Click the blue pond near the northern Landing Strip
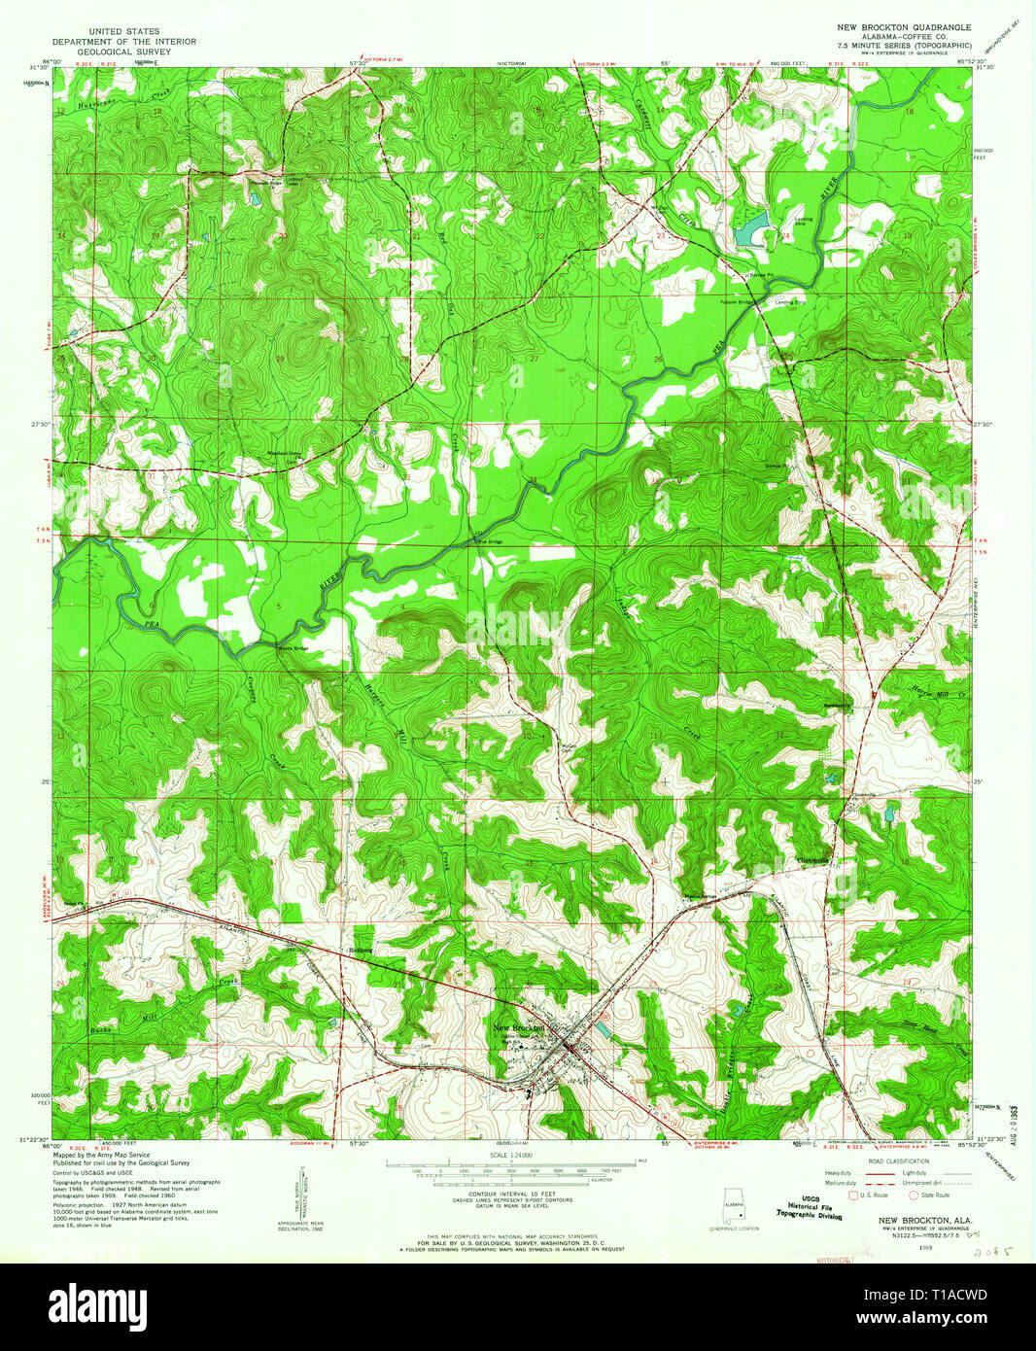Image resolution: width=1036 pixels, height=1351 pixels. click(x=750, y=231)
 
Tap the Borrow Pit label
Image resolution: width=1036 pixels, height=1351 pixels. click(x=762, y=275)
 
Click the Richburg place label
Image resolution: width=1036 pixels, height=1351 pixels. click(x=361, y=950)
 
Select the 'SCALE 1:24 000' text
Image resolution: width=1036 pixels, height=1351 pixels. click(x=517, y=1154)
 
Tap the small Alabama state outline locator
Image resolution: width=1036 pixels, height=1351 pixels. click(x=732, y=1208)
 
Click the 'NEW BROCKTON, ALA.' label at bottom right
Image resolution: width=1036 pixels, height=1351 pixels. click(x=915, y=1219)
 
